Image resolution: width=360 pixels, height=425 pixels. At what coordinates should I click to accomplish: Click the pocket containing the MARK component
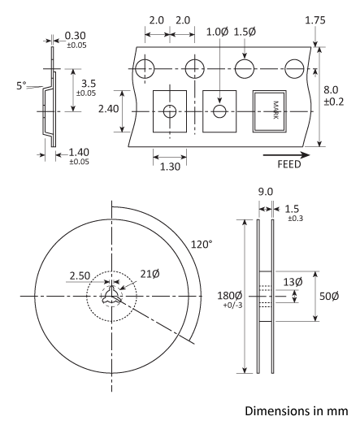273,111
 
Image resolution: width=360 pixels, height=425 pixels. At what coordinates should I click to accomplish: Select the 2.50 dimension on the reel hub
80,275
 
